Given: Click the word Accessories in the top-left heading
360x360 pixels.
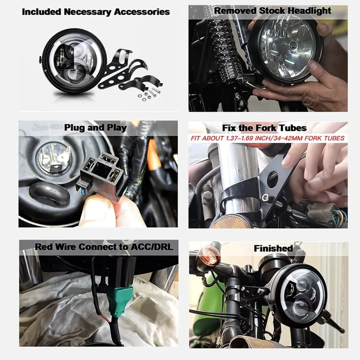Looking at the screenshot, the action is pos(142,12).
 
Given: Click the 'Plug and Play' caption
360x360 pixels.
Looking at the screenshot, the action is pos(95,128).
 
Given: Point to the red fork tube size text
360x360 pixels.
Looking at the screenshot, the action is pos(267,138).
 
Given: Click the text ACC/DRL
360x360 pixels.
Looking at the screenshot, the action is pos(152,247).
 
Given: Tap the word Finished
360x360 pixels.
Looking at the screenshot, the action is pos(273,248).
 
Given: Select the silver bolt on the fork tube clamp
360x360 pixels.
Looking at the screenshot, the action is pos(266,197).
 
